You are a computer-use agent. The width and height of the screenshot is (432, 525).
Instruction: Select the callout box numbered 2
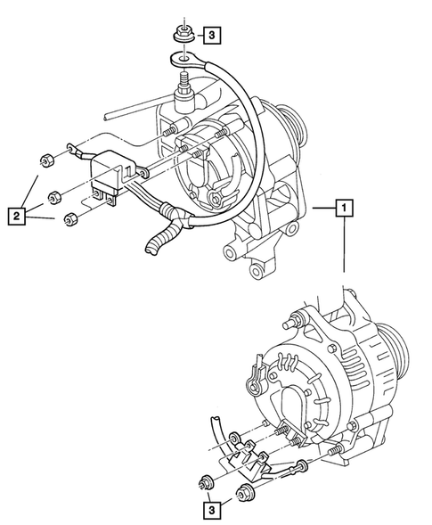coord(14,215)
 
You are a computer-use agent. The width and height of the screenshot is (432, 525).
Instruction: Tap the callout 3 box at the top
coord(209,36)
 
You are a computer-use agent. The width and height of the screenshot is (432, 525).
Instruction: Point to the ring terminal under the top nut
coord(180,60)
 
